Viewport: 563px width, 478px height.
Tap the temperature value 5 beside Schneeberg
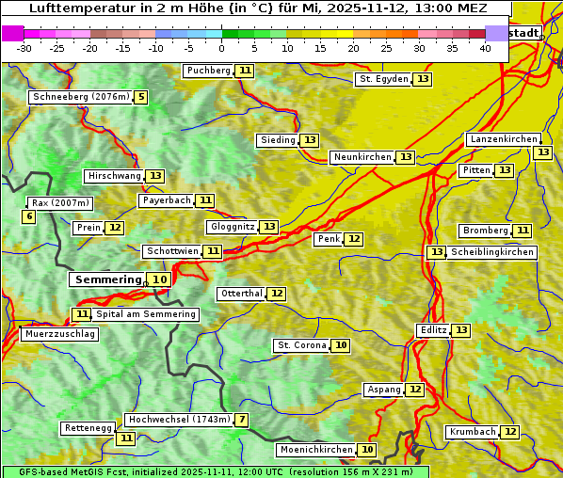[141, 97]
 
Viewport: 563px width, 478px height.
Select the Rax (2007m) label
[60, 202]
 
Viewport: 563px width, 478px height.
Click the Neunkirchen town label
[362, 157]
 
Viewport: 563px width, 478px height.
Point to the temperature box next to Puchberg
[245, 71]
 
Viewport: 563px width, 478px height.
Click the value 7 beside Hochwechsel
[242, 420]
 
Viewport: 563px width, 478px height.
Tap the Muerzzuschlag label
[59, 334]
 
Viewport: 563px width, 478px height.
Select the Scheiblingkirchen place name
[491, 252]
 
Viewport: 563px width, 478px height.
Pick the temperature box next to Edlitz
[460, 330]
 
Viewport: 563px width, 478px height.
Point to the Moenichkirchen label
[316, 450]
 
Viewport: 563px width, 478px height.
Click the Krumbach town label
[472, 432]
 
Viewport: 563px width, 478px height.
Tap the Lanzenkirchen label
[503, 139]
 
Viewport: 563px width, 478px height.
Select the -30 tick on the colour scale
[24, 48]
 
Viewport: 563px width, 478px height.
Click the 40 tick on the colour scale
[485, 48]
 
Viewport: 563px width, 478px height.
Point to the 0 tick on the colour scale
[222, 48]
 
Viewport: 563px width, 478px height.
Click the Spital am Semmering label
[146, 314]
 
